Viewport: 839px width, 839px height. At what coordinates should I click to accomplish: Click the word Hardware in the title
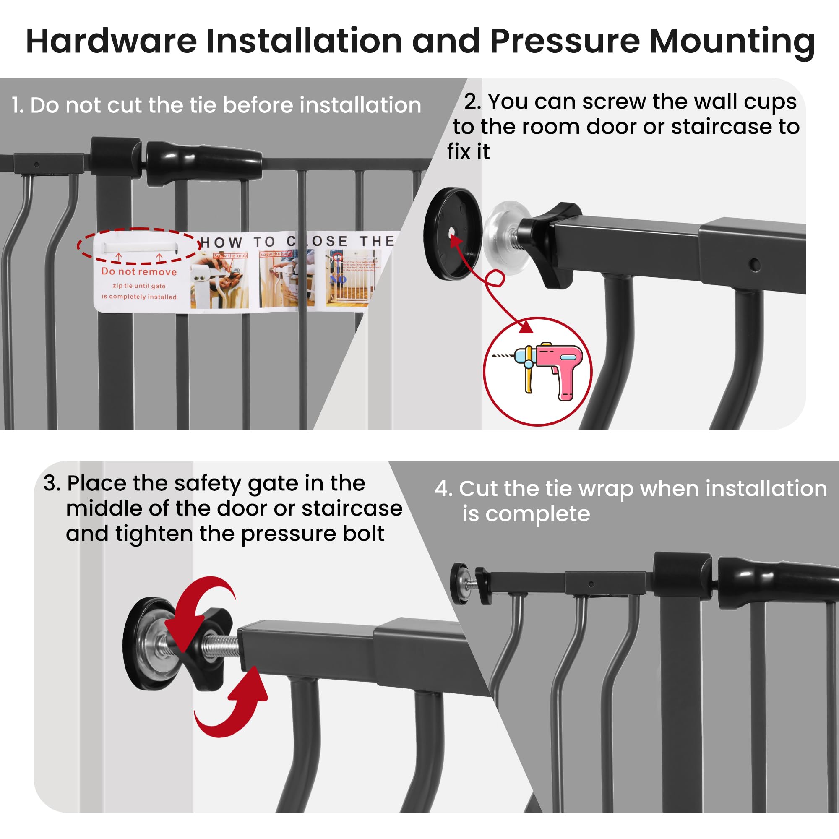[111, 41]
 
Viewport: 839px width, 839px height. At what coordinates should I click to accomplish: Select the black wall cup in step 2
[452, 233]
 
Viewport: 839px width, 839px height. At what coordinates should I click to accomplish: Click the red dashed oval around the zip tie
[138, 246]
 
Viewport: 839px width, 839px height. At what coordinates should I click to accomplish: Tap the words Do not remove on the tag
[139, 272]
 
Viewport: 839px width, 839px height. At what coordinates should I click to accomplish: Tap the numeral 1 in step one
[16, 106]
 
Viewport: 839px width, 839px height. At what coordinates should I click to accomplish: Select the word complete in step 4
[537, 514]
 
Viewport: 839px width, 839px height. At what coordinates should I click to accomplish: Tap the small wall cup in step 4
[459, 583]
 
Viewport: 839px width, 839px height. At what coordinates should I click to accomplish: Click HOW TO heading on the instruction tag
[237, 242]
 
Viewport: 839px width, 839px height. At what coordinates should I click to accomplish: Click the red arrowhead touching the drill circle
[526, 326]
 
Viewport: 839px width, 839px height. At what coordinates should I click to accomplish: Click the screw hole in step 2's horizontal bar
[755, 264]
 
